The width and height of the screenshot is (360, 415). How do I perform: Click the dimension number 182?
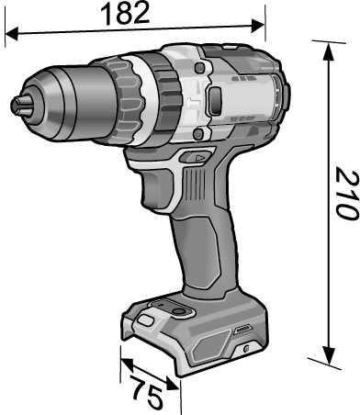125,14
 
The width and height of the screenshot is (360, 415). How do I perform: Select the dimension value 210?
347,194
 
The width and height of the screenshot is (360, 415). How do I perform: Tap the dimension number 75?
146,393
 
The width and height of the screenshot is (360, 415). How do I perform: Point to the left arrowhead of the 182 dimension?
12,33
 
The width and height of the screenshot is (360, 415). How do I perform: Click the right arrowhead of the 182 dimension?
257,26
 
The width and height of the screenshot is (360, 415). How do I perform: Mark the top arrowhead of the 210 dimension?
328,51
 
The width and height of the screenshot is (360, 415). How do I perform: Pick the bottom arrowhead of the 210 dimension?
329,355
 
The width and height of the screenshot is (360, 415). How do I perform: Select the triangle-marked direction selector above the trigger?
195,157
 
